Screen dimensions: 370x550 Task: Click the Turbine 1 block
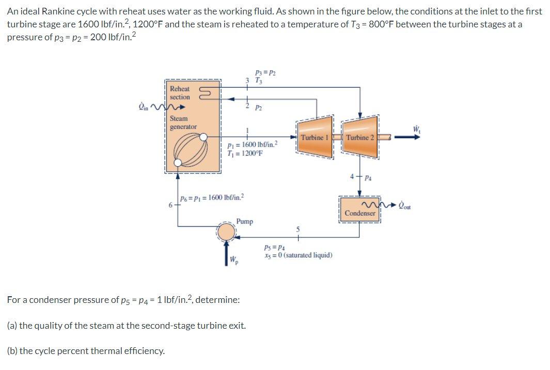[x=314, y=137]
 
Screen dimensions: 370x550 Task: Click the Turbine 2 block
[x=360, y=137]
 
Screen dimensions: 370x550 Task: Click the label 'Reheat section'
[x=180, y=93]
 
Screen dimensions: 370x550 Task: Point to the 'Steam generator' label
[x=183, y=122]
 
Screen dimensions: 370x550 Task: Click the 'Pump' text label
[x=245, y=221]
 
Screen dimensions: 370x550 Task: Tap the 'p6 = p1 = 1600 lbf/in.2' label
[x=212, y=198]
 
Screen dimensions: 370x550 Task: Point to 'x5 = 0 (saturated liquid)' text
[x=298, y=255]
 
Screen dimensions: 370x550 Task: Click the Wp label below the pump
[x=234, y=259]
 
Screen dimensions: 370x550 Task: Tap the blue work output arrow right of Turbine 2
[x=405, y=137]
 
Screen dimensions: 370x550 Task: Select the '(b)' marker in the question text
[x=12, y=351]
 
